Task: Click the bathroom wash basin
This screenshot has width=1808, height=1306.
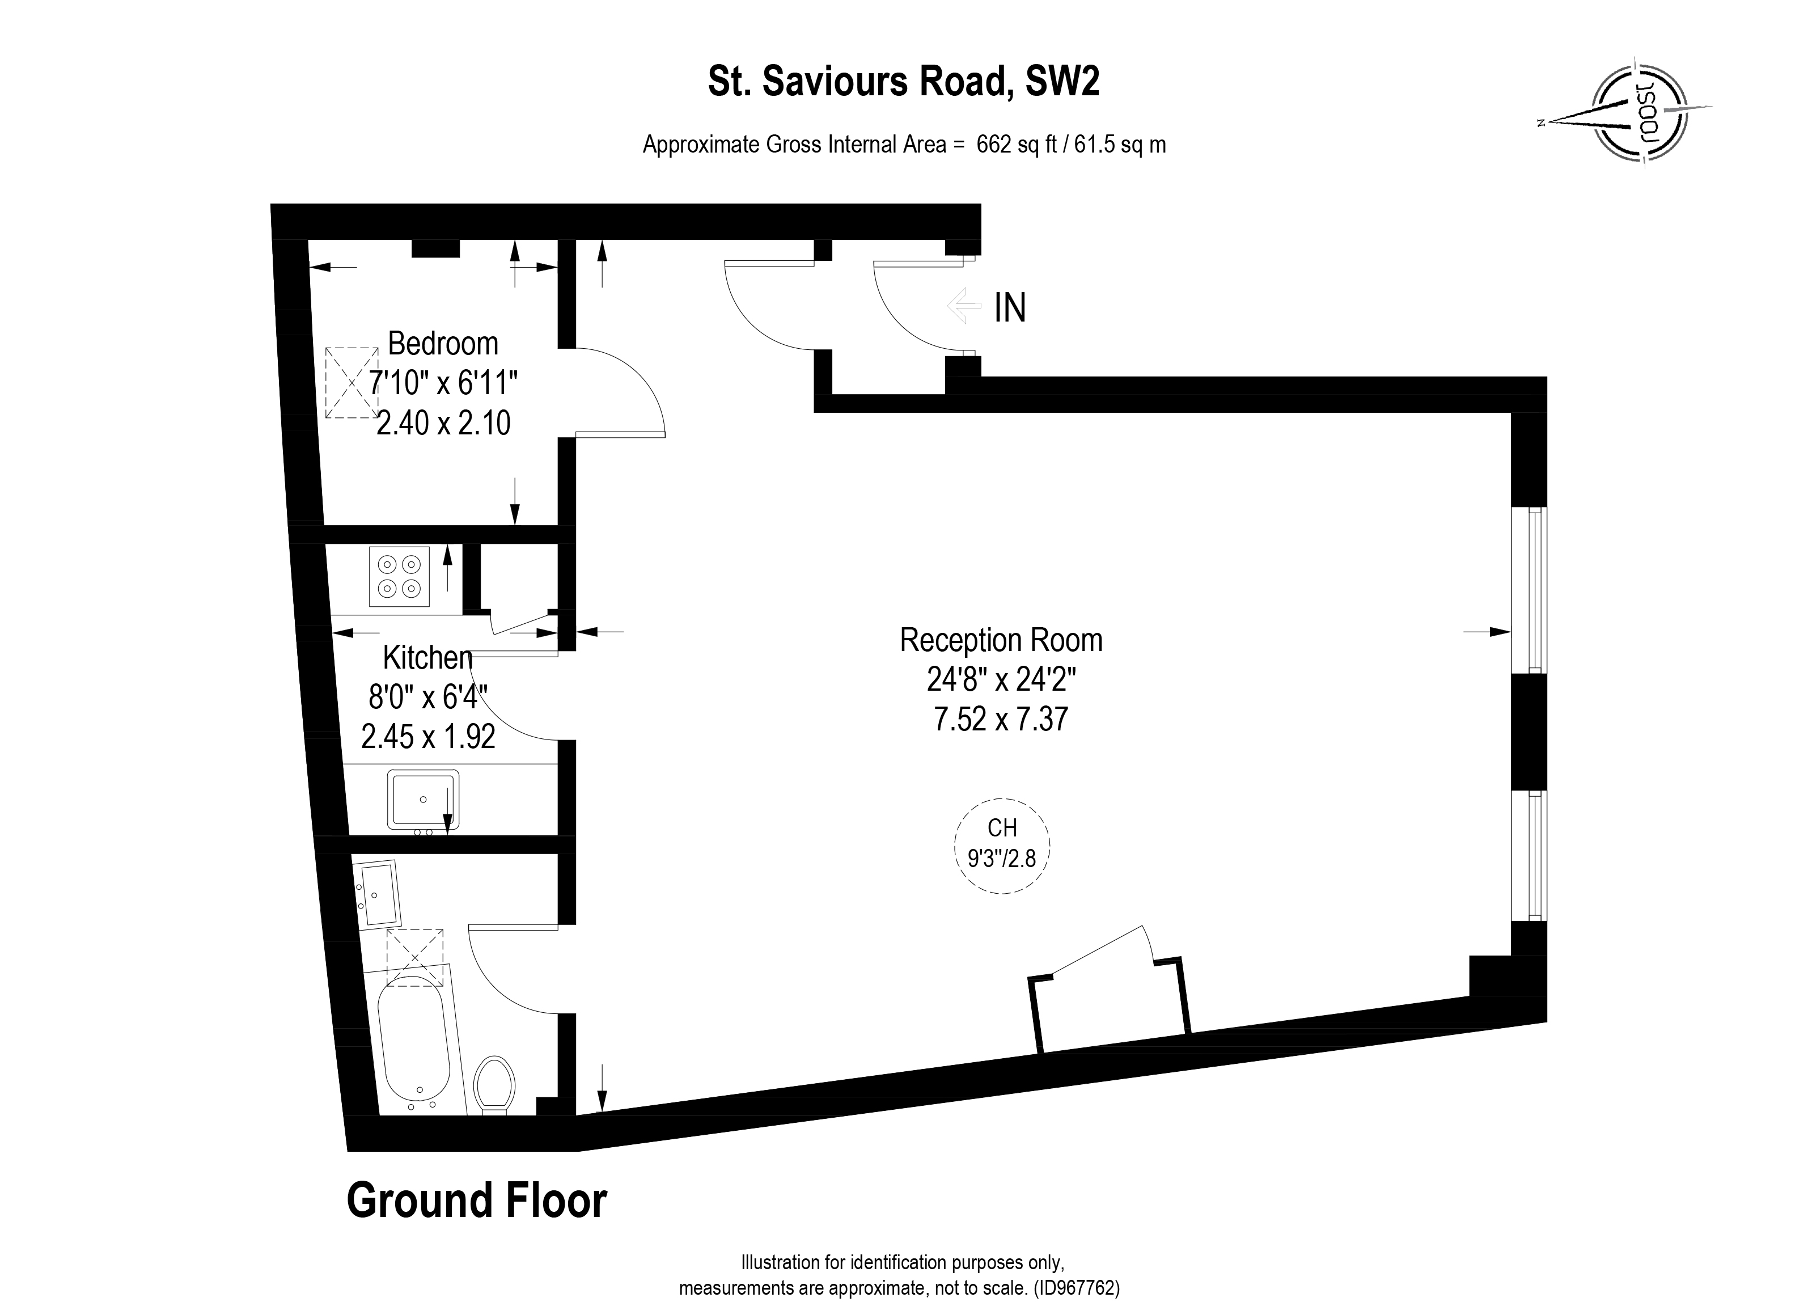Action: (x=377, y=895)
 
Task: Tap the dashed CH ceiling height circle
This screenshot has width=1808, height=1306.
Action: (x=1002, y=846)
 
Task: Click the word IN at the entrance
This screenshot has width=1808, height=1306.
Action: (x=1010, y=308)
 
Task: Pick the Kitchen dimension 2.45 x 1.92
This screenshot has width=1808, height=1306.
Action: (x=428, y=736)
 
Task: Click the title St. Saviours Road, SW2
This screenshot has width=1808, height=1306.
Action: (x=904, y=82)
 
